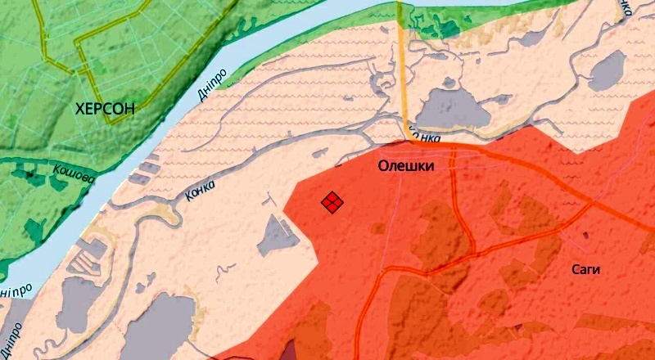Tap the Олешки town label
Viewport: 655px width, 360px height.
[405, 166]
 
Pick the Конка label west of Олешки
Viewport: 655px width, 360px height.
[200, 189]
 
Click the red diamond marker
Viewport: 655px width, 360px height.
[332, 202]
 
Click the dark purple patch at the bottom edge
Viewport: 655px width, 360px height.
[289, 350]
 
